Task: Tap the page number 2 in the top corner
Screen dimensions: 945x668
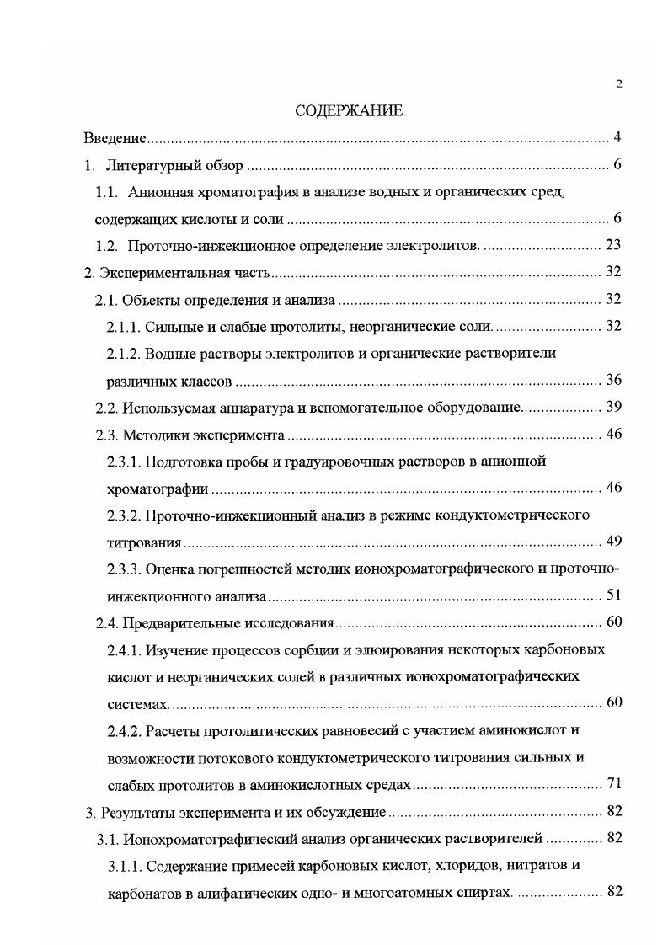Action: (618, 83)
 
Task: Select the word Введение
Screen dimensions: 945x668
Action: (115, 137)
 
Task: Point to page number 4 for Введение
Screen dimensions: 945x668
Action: (617, 137)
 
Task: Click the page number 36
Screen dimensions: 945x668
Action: (614, 380)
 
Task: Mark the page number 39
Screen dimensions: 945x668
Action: (614, 407)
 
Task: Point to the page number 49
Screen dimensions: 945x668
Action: (614, 542)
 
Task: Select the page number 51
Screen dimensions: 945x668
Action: (614, 595)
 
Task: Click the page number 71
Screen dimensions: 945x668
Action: (614, 784)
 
